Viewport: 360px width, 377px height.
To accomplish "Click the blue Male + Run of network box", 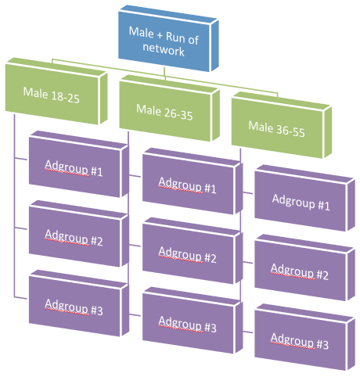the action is (x=168, y=38).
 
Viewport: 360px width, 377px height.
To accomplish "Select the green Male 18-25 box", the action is (x=56, y=91).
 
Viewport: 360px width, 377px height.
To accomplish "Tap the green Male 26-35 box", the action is (x=169, y=108).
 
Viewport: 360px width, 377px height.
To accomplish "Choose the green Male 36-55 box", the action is (x=282, y=125).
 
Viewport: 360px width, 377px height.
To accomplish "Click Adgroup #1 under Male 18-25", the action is (x=79, y=164).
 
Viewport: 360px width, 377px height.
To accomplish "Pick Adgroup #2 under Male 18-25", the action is (x=79, y=234).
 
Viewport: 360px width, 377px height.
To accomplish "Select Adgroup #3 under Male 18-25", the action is (x=79, y=303).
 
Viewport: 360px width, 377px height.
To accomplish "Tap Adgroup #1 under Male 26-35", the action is (x=193, y=181).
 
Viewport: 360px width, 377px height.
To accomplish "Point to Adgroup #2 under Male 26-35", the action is (x=193, y=251).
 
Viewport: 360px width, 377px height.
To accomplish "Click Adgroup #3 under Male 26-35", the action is (x=193, y=321).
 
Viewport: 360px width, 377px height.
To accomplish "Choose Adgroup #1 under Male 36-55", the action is (x=304, y=198).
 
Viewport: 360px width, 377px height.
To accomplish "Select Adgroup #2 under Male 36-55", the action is (x=304, y=267).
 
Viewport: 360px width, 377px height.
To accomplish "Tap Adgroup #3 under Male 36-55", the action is (x=304, y=337).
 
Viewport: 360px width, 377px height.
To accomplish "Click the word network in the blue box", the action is (x=164, y=49).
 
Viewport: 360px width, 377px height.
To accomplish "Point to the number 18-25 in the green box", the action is (x=65, y=98).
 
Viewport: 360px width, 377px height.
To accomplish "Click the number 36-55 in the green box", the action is (x=290, y=131).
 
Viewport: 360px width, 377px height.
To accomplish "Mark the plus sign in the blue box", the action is (x=160, y=35).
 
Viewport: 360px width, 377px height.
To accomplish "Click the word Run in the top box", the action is (x=175, y=38).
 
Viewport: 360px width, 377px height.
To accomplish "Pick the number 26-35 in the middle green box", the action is (x=178, y=114).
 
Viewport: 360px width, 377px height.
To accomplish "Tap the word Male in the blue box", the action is (x=142, y=32).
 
